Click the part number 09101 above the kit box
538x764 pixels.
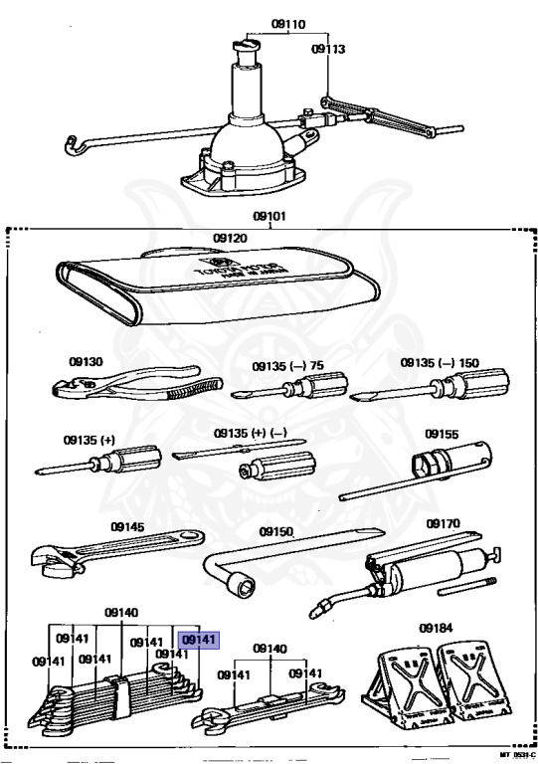pyautogui.click(x=269, y=214)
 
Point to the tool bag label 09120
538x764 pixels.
pyautogui.click(x=230, y=238)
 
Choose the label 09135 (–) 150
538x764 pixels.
pyautogui.click(x=440, y=363)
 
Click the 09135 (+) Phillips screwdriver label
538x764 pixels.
pyautogui.click(x=88, y=439)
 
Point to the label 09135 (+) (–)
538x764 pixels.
pyautogui.click(x=251, y=435)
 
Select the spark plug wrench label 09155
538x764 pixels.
pyautogui.click(x=442, y=434)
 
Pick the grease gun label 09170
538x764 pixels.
pyautogui.click(x=443, y=522)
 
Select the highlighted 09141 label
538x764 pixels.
pyautogui.click(x=199, y=640)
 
